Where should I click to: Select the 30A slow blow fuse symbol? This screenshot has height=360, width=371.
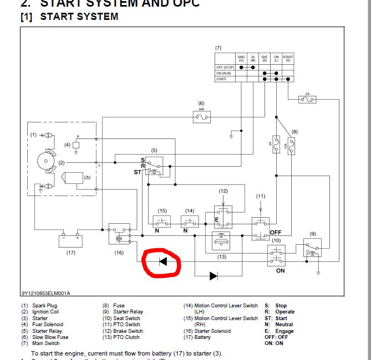pos(201,117)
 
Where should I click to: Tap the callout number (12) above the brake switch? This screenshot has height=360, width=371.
pos(223,191)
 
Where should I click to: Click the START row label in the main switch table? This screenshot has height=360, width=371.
pos(221,79)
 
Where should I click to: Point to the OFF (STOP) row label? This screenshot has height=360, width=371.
pos(225,67)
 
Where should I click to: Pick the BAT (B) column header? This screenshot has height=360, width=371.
pos(265,58)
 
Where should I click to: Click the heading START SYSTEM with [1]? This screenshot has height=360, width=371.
pos(70,17)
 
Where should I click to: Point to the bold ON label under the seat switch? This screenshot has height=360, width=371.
pos(280,271)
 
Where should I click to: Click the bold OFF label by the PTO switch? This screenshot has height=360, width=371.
pos(276,232)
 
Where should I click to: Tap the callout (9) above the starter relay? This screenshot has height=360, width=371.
pos(313,234)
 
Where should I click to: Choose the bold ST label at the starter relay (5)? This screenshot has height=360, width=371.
pos(137,172)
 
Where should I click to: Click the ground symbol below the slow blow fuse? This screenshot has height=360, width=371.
pos(232,133)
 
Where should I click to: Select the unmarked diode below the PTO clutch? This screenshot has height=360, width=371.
pos(213,275)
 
